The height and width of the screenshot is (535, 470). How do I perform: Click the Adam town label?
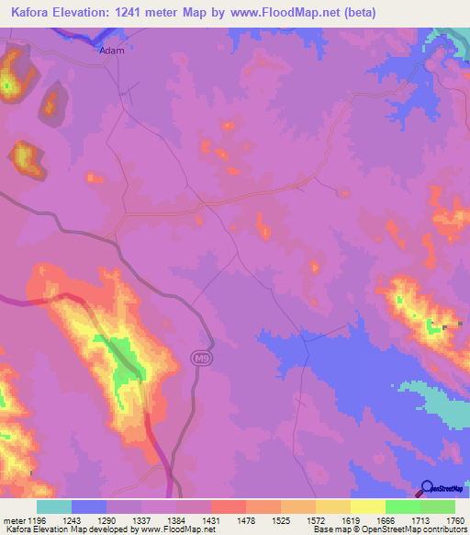point(111,51)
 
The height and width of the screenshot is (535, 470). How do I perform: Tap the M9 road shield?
point(201,357)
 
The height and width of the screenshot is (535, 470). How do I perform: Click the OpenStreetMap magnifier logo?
point(427,488)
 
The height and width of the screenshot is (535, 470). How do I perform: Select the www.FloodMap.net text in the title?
point(292,13)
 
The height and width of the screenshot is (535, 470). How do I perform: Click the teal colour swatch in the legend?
point(53,507)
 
